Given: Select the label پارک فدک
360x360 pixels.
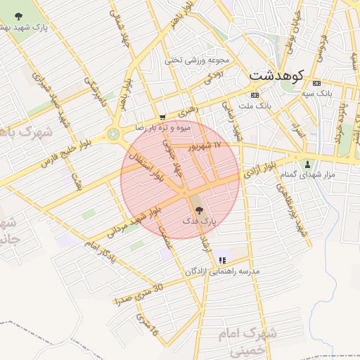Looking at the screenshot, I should pyautogui.click(x=198, y=221).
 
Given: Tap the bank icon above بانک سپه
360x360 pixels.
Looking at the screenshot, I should pyautogui.click(x=316, y=82).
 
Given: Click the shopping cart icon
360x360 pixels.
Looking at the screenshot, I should pyautogui.click(x=162, y=117).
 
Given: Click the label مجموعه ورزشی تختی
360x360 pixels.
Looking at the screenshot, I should pyautogui.click(x=193, y=60).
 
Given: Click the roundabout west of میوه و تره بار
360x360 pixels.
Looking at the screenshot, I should pyautogui.click(x=112, y=134).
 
